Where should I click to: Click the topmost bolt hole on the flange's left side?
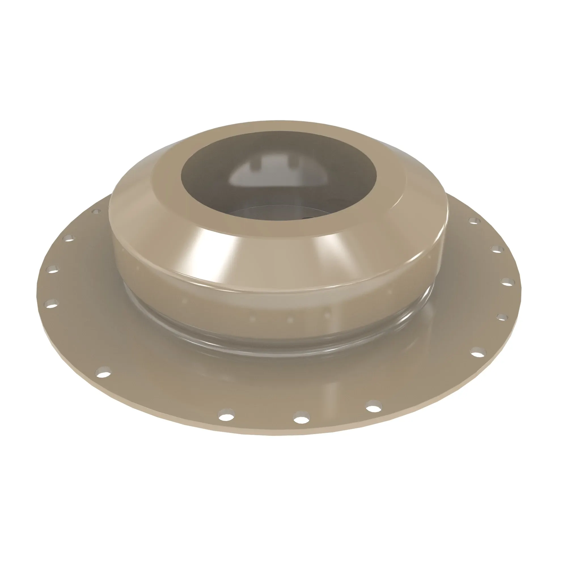click(x=96, y=211)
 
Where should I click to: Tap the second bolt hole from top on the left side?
click(x=69, y=238)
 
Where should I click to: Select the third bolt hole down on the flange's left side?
click(x=54, y=269)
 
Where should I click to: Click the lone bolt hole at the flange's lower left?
click(x=104, y=373)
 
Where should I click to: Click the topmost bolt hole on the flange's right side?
click(x=473, y=221)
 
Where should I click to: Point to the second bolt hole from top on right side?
click(x=497, y=250)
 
